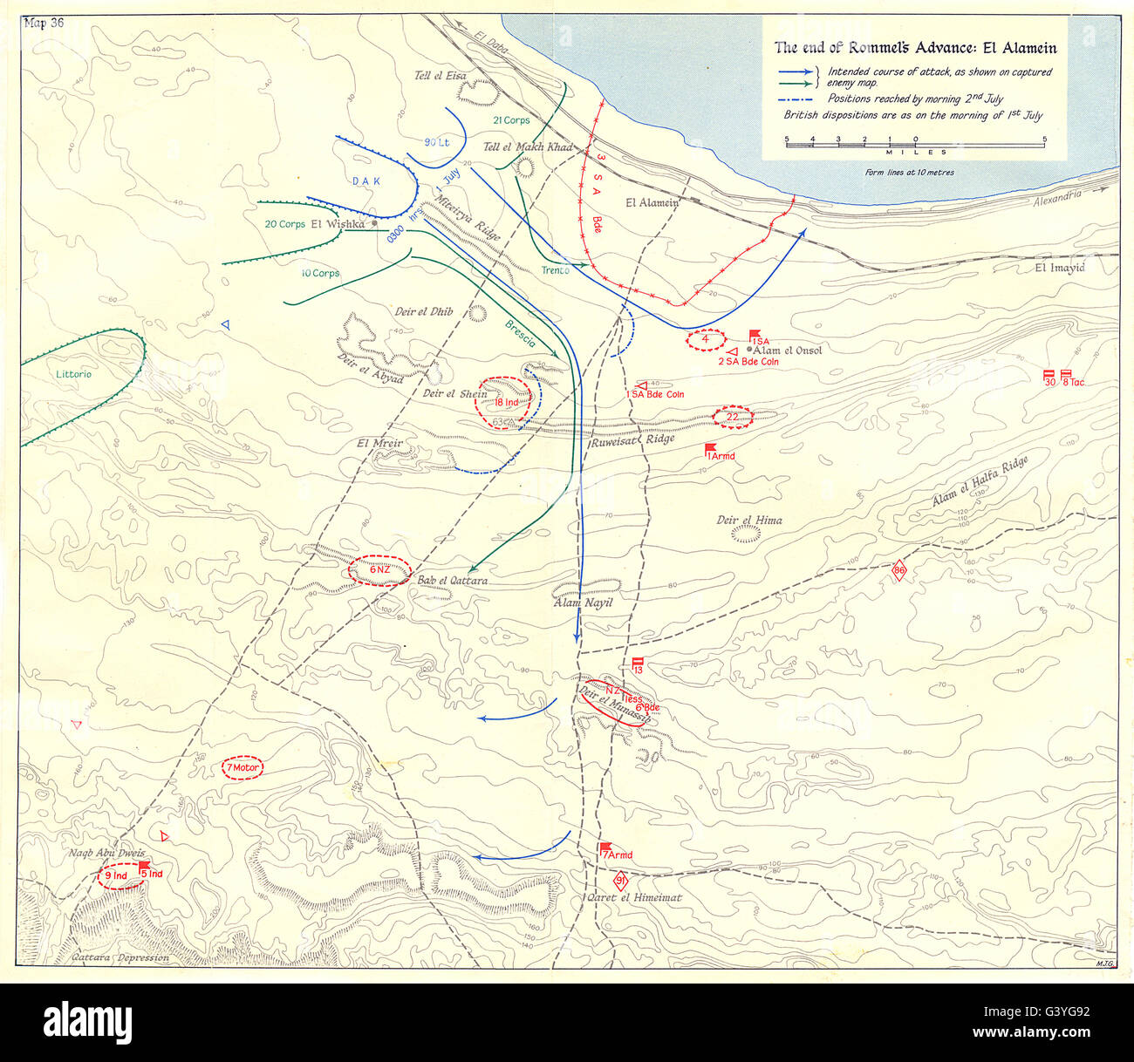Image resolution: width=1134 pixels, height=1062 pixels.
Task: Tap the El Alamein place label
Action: pyautogui.click(x=652, y=203)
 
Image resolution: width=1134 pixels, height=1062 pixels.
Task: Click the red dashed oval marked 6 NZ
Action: pyautogui.click(x=379, y=570)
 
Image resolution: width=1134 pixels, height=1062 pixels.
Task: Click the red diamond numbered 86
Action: pyautogui.click(x=900, y=572)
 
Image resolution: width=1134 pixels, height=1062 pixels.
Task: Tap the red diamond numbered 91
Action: pyautogui.click(x=620, y=881)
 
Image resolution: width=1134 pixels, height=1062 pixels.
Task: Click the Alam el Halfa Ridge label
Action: pyautogui.click(x=979, y=483)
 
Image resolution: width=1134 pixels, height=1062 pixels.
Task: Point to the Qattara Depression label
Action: pyautogui.click(x=118, y=957)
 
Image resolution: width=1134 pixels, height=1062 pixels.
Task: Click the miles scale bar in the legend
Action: pyautogui.click(x=915, y=144)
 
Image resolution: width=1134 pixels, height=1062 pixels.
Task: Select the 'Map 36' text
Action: pyautogui.click(x=45, y=24)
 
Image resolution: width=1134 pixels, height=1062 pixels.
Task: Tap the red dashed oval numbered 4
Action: pyautogui.click(x=706, y=339)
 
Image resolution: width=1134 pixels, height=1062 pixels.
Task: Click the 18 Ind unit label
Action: pyautogui.click(x=506, y=402)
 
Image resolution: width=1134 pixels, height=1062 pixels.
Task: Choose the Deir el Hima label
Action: pyautogui.click(x=748, y=521)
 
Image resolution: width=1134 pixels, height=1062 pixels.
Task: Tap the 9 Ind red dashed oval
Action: pyautogui.click(x=120, y=874)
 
